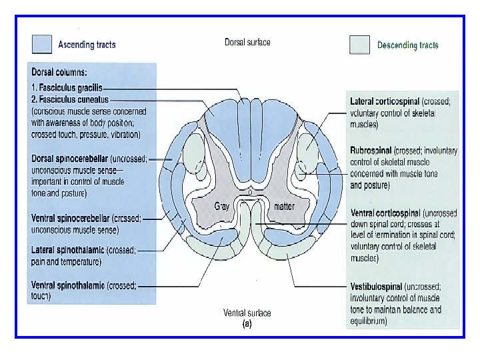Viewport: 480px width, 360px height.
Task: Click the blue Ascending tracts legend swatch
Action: (41, 44)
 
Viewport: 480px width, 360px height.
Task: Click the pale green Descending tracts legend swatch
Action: (359, 45)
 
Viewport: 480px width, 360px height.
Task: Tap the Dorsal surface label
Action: (247, 42)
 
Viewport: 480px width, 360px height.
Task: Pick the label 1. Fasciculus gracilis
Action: (67, 87)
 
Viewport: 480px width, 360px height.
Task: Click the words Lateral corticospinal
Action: (385, 101)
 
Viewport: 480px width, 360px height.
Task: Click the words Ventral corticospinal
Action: (385, 213)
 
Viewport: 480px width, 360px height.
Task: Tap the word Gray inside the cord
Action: (221, 206)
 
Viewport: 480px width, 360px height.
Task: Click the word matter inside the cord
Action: (285, 206)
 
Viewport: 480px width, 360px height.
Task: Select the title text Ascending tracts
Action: (87, 45)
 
